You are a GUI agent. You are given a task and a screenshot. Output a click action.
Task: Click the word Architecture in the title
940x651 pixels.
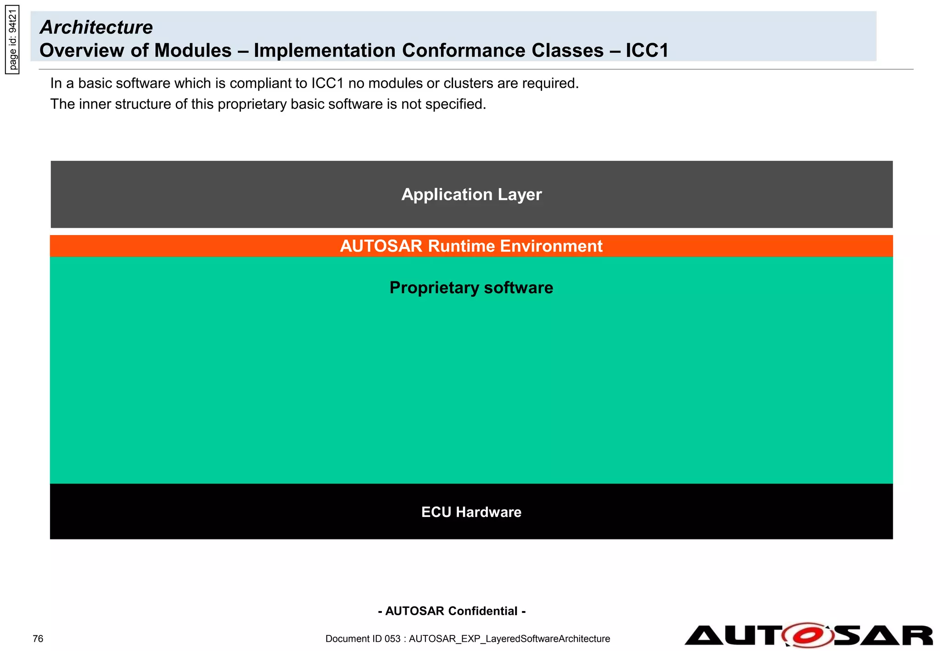(x=96, y=28)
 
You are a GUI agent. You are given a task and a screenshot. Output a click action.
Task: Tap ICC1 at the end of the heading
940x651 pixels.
(x=647, y=51)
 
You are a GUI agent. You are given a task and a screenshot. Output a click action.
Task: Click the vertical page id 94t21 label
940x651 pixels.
(x=13, y=40)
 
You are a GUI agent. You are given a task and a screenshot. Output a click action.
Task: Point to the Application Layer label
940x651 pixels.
(x=471, y=195)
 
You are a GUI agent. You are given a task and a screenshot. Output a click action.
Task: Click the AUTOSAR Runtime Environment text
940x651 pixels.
(x=471, y=247)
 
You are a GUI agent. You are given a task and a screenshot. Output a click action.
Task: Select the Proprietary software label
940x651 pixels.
(x=471, y=288)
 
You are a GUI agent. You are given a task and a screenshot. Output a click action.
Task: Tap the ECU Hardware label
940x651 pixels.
(x=471, y=512)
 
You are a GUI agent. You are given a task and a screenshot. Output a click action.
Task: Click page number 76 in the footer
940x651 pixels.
(x=38, y=639)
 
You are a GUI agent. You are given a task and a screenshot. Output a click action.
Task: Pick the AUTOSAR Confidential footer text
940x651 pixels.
(x=452, y=611)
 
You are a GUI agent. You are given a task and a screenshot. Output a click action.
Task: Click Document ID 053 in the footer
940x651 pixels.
(x=363, y=639)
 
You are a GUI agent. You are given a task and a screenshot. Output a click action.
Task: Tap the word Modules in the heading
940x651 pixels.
(x=192, y=51)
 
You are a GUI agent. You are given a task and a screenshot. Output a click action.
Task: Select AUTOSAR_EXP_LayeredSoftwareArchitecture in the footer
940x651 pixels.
(x=509, y=639)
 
